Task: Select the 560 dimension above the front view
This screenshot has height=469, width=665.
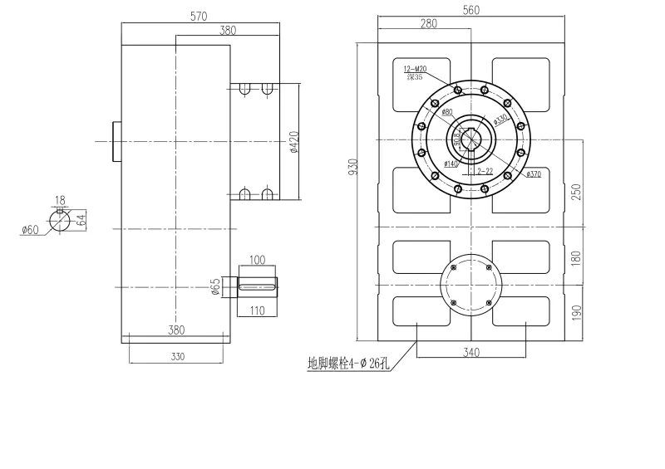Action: pos(472,10)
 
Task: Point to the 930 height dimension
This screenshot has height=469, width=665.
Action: pos(352,169)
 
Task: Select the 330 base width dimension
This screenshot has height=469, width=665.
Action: pos(176,356)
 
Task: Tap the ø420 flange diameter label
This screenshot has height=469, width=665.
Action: pos(293,142)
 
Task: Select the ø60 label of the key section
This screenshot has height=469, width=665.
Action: pos(31,230)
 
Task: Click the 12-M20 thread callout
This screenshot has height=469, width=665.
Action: pos(413,69)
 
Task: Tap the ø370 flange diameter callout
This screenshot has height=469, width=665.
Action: pos(533,174)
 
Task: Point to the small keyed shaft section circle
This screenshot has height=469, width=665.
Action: pos(60,219)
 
